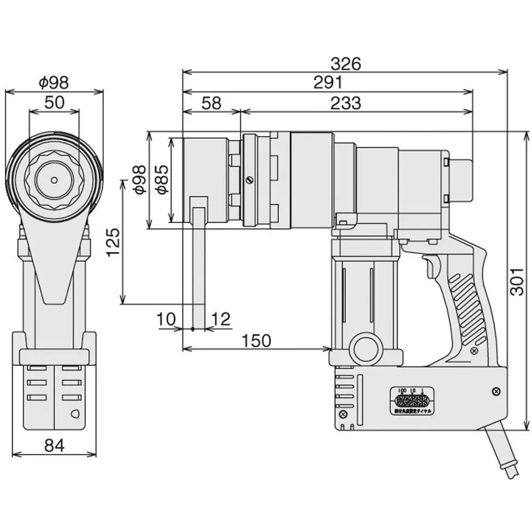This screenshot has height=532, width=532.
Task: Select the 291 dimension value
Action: pyautogui.click(x=327, y=83)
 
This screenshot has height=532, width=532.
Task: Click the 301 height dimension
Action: pyautogui.click(x=518, y=282)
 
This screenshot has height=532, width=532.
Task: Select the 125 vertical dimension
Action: pyautogui.click(x=113, y=241)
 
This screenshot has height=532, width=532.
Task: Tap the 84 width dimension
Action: pyautogui.click(x=54, y=445)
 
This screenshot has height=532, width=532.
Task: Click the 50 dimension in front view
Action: pyautogui.click(x=54, y=101)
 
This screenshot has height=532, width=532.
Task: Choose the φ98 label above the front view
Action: pyautogui.click(x=54, y=83)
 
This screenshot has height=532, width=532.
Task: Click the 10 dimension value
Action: pyautogui.click(x=167, y=319)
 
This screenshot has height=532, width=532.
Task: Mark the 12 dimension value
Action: pyautogui.click(x=221, y=319)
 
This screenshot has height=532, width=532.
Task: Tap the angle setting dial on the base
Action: pyautogui.click(x=412, y=402)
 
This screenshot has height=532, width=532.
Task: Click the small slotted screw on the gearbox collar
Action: pyautogui.click(x=249, y=180)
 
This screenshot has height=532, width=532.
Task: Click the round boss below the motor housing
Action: pyautogui.click(x=366, y=349)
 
